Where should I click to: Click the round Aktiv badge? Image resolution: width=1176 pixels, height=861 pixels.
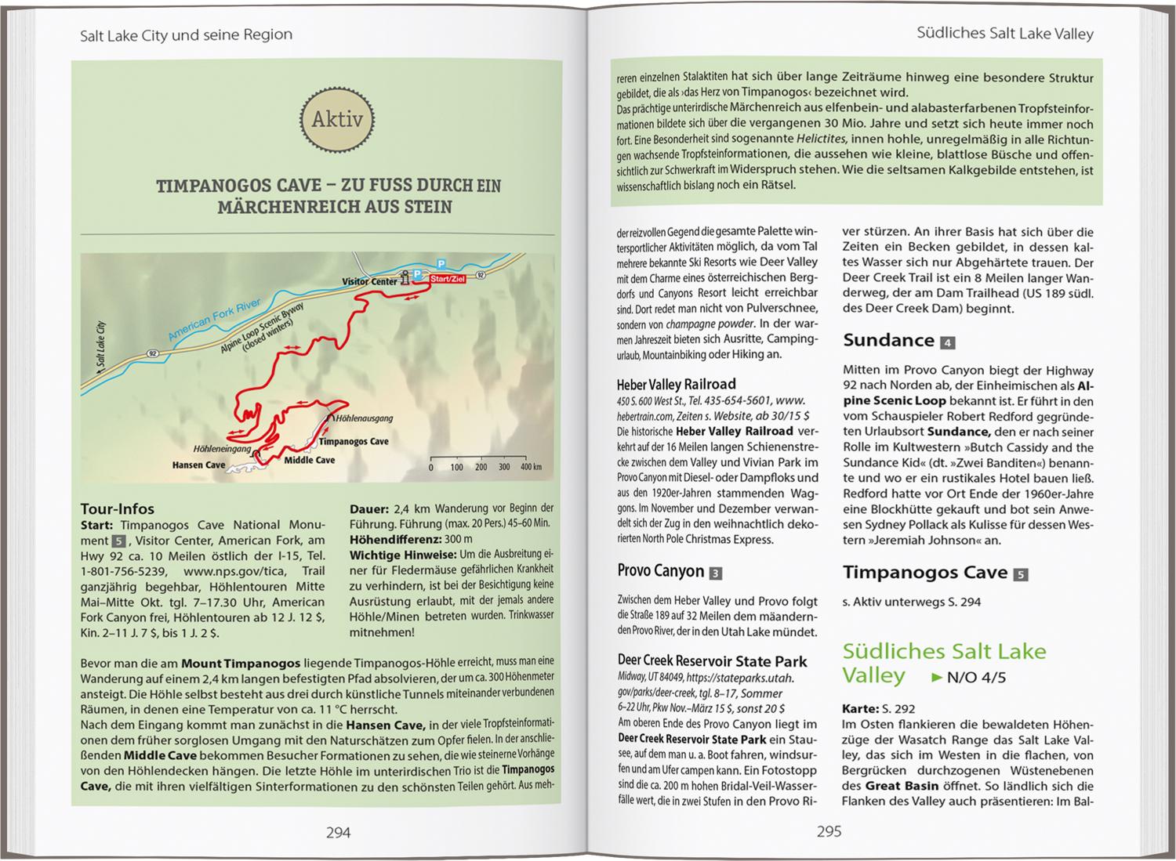point(337,119)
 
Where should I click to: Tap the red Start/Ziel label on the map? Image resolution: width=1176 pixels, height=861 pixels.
point(448,279)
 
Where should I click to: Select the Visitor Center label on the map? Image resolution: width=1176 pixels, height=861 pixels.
point(369,281)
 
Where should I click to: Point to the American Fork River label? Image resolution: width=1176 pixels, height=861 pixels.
point(214,320)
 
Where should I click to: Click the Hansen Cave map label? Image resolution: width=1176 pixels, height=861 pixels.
point(198,465)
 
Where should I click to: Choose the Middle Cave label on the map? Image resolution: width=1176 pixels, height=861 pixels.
point(310,460)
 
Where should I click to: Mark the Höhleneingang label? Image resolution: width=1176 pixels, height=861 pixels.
point(222,449)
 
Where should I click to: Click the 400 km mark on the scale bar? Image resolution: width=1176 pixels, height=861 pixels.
point(531,467)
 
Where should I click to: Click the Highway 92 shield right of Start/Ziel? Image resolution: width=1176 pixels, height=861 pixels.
point(480,276)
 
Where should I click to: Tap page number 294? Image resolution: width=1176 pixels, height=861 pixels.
point(338,833)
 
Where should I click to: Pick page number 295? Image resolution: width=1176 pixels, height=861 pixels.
point(829,831)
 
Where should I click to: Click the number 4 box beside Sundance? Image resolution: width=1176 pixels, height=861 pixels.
point(948,342)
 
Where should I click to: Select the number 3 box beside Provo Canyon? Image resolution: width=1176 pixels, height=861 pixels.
point(715,573)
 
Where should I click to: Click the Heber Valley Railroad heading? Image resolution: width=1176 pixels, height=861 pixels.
point(676,384)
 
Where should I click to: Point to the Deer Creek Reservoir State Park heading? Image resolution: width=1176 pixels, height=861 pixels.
point(712,661)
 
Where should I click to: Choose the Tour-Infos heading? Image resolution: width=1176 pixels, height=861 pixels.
point(118,508)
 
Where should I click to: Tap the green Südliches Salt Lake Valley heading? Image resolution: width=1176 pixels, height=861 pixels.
point(944,663)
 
